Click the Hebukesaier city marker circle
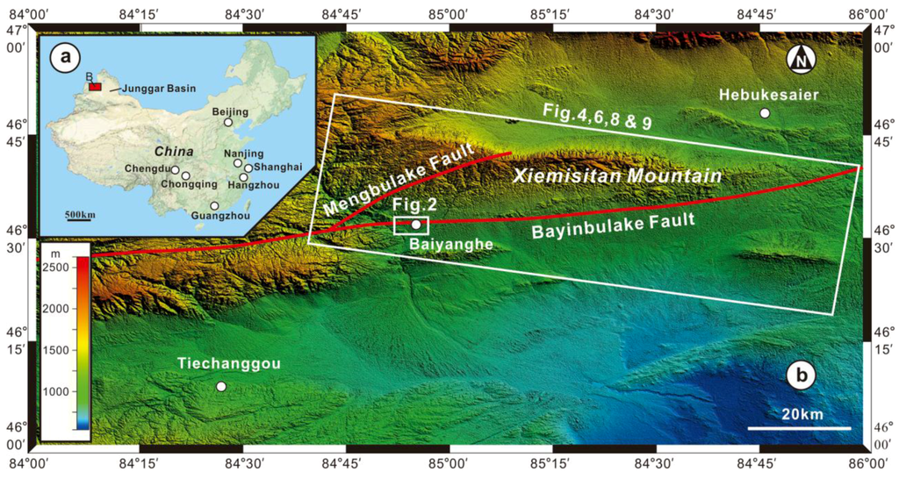765,113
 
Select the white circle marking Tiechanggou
220,386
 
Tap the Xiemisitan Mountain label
617,176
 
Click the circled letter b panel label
801,377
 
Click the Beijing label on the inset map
232,111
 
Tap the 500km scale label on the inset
80,215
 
